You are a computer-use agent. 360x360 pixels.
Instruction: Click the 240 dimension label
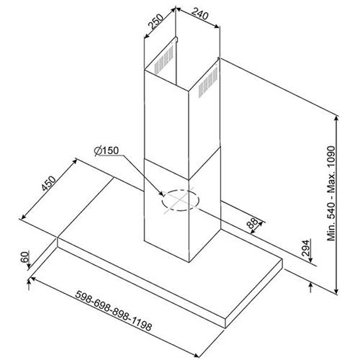tap(199, 15)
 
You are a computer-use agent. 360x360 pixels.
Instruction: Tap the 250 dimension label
tap(156, 22)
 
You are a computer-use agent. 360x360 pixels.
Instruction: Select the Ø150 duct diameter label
tap(107, 150)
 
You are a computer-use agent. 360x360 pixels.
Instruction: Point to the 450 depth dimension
tap(48, 184)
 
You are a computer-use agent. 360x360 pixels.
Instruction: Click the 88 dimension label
tap(252, 223)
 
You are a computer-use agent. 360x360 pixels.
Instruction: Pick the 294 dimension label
tap(305, 248)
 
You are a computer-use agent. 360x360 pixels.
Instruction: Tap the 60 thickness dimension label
tap(24, 257)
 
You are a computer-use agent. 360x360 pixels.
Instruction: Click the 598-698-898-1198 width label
tap(114, 310)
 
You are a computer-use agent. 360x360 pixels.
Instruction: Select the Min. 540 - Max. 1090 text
tap(331, 193)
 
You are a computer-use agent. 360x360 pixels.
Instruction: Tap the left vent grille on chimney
tap(163, 60)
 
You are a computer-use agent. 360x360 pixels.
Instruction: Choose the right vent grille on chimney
tap(208, 82)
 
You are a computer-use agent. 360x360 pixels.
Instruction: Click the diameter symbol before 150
tap(98, 151)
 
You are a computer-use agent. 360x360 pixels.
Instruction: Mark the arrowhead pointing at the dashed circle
tap(162, 194)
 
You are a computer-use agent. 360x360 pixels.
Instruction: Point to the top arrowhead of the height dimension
tap(337, 118)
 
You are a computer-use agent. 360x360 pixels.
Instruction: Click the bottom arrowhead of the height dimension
tap(337, 291)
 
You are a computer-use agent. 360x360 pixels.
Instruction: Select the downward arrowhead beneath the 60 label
tap(29, 266)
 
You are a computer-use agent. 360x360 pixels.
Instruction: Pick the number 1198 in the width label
tap(142, 325)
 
